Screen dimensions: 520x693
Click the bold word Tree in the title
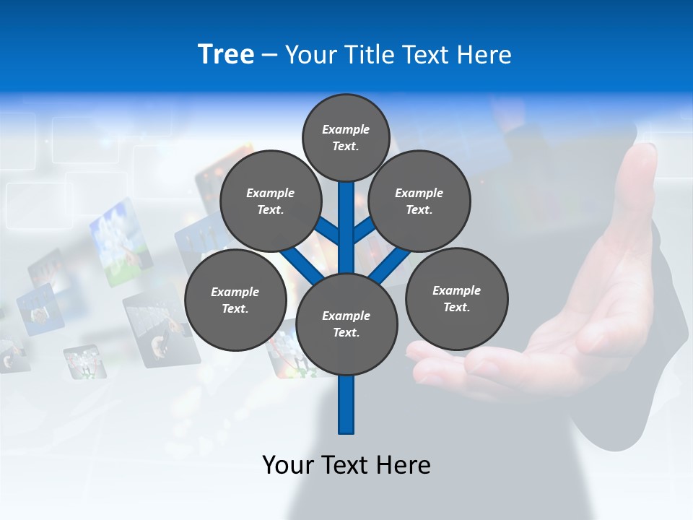click(226, 55)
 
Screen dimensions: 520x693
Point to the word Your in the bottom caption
click(288, 464)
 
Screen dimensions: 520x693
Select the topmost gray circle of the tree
click(346, 137)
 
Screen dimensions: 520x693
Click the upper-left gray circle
click(271, 201)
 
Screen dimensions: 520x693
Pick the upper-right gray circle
click(419, 201)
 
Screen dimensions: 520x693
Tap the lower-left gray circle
click(235, 300)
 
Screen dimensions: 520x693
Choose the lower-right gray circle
click(457, 298)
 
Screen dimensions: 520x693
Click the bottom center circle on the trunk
click(346, 324)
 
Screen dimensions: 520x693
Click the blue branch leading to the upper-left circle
click(328, 232)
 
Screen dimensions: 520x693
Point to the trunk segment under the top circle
click(346, 217)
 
